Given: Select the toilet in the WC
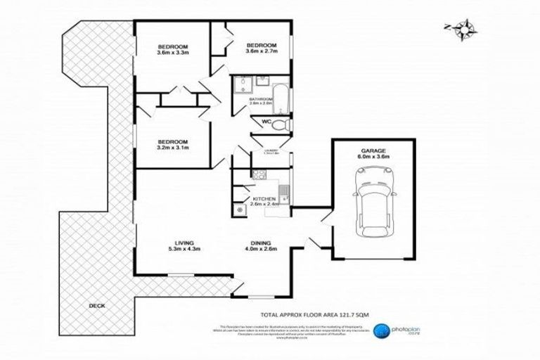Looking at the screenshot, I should (x=280, y=124).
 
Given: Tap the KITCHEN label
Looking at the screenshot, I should (x=261, y=198).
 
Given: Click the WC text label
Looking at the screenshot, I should (x=266, y=122).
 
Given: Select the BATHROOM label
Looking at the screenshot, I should (x=260, y=100).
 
